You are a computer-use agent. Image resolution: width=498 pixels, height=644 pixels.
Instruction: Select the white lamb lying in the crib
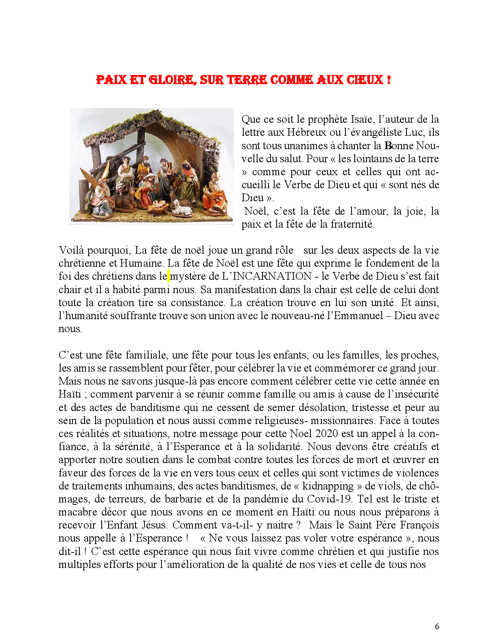(x=182, y=208)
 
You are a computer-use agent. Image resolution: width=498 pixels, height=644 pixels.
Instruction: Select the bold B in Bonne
(x=388, y=146)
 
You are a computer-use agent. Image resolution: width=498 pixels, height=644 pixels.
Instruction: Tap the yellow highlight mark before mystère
(x=169, y=276)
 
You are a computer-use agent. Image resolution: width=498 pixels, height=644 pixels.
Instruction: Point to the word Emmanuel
(x=358, y=316)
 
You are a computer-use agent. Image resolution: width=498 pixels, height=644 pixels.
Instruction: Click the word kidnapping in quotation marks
(x=328, y=486)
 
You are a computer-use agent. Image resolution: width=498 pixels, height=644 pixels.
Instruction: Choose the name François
(x=420, y=525)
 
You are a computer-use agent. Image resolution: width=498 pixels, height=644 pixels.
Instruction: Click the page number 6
(x=437, y=627)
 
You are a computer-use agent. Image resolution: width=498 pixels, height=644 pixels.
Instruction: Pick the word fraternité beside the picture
(x=352, y=224)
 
